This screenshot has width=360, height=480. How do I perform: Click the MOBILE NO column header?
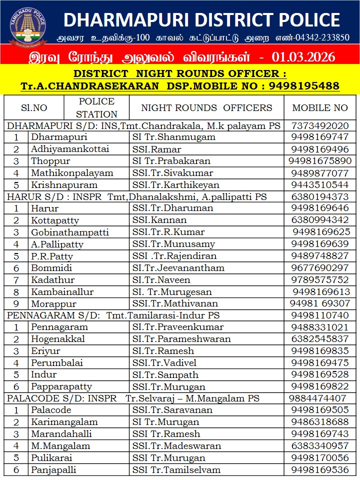[x=320, y=107]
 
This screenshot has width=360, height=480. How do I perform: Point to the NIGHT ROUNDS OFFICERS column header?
[x=206, y=107]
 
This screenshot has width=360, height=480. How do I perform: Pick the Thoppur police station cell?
[x=50, y=161]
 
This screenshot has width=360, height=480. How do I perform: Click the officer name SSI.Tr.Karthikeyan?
[x=176, y=185]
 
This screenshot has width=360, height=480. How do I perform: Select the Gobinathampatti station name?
[x=66, y=232]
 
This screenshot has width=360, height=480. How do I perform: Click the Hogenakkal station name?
[x=58, y=339]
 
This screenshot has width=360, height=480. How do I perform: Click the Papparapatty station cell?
[x=61, y=386]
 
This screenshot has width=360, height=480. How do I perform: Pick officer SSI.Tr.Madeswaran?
[x=177, y=446]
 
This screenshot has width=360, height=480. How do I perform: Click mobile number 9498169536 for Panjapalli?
[x=320, y=469]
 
